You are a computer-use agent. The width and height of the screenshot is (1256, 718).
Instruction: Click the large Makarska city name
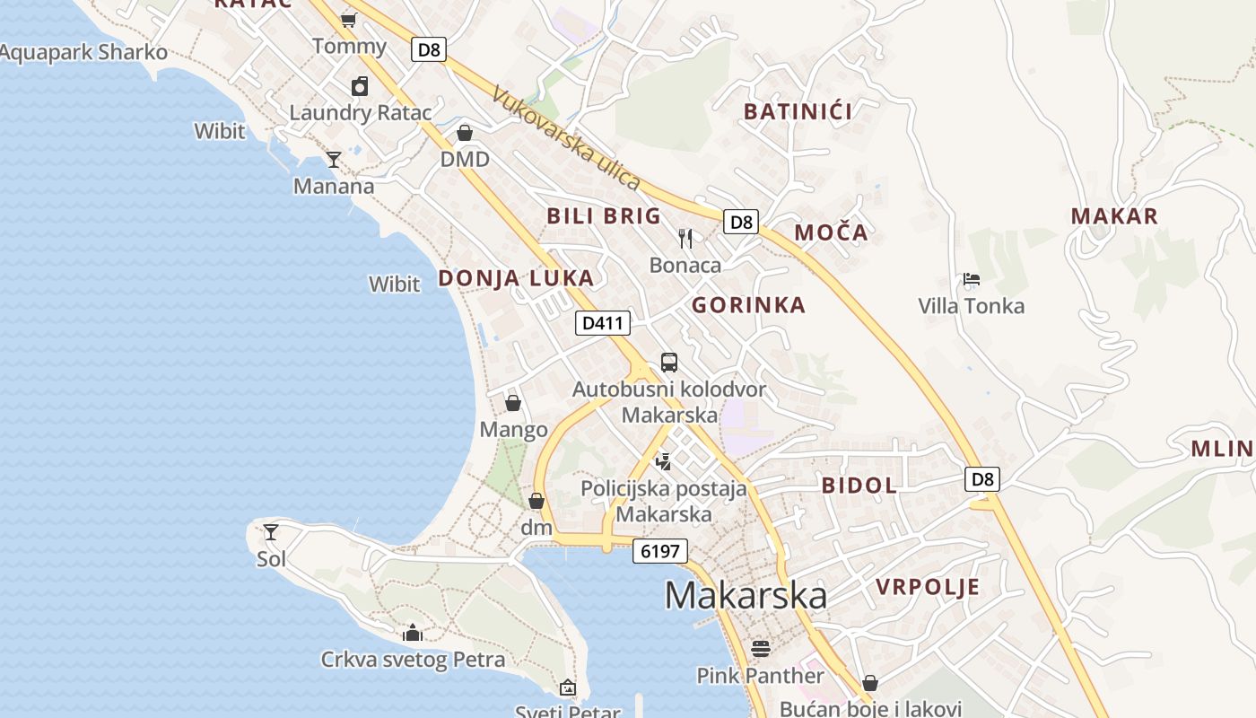[x=746, y=596]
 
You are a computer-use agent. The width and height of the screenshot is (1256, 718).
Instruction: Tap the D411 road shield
[x=602, y=323]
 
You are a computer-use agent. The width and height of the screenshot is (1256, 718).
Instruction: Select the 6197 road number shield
[x=660, y=550]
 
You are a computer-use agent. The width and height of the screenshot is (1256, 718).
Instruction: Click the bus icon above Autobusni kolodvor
[x=669, y=363]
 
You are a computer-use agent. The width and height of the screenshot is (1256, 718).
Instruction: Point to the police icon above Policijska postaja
[x=664, y=462]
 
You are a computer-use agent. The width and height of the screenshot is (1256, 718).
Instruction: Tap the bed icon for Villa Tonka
[x=971, y=279]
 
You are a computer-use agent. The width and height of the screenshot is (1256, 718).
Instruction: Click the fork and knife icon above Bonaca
[x=685, y=238]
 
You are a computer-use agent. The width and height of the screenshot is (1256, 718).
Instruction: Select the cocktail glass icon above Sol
[x=271, y=531]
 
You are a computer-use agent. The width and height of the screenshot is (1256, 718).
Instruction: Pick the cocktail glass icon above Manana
[x=334, y=160]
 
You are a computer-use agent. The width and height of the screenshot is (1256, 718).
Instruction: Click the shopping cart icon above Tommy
[x=349, y=20]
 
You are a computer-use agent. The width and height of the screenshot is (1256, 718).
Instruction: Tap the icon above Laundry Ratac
[x=360, y=86]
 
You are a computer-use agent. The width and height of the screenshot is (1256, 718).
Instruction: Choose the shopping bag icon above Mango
[x=513, y=403]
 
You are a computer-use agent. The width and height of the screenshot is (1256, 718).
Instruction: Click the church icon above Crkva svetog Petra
[x=413, y=633]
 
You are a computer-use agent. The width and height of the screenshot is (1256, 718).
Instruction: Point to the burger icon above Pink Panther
[x=761, y=648]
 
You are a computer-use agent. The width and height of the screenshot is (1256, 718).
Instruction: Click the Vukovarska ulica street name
[x=566, y=137]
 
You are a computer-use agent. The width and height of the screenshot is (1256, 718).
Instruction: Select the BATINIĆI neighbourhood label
[x=798, y=111]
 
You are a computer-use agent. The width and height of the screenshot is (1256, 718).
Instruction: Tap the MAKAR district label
[x=1114, y=215]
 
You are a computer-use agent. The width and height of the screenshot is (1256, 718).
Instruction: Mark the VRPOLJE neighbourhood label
[x=928, y=587]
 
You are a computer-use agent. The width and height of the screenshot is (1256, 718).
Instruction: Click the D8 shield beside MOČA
[x=741, y=222]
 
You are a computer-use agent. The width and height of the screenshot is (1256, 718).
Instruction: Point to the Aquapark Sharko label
[x=83, y=52]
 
